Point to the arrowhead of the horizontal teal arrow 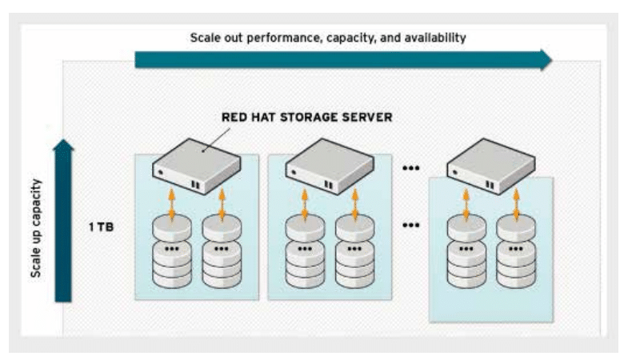[546, 60]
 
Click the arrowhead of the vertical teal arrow [63, 146]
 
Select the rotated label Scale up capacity [36, 228]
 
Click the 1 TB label [101, 227]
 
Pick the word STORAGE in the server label [308, 118]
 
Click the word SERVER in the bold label [366, 118]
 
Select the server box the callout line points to [196, 166]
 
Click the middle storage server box [330, 166]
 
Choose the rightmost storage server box [491, 166]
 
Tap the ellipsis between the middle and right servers [410, 168]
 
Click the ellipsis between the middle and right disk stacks [410, 225]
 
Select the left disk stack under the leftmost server [172, 251]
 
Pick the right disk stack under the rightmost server [516, 251]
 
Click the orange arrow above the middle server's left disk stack [305, 204]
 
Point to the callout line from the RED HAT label [217, 140]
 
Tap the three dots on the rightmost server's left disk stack [466, 249]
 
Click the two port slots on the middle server [329, 185]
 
